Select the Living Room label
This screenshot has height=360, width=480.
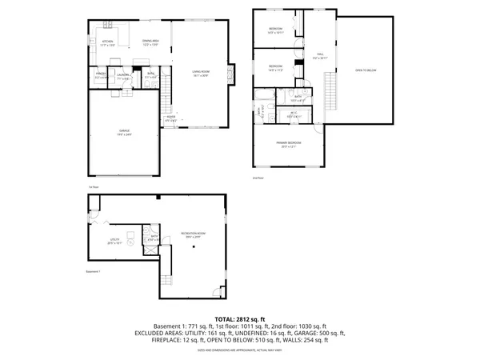tap(201, 74)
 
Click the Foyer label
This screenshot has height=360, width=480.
tap(170, 120)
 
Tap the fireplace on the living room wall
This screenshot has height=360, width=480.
tap(233, 75)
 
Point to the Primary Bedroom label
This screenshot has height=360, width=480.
tap(289, 146)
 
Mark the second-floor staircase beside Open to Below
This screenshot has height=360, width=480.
tap(326, 85)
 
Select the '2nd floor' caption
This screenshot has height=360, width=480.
tap(257, 178)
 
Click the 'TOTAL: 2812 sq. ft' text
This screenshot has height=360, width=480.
tap(239, 318)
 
